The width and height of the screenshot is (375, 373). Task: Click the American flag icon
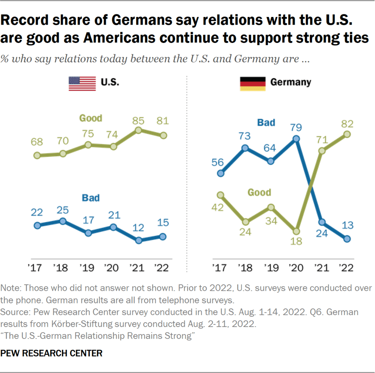pyautogui.click(x=82, y=83)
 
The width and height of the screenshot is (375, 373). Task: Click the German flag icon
pyautogui.click(x=253, y=83)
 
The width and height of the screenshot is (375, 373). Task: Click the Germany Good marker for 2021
pyautogui.click(x=321, y=151)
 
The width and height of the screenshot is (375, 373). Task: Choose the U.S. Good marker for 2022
pyautogui.click(x=163, y=135)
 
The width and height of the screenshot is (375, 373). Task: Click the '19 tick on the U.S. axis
pyautogui.click(x=88, y=268)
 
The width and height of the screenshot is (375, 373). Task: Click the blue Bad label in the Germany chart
pyautogui.click(x=266, y=122)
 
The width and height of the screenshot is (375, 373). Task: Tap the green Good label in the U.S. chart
pyautogui.click(x=91, y=118)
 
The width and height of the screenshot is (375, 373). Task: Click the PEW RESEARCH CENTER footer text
pyautogui.click(x=51, y=353)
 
